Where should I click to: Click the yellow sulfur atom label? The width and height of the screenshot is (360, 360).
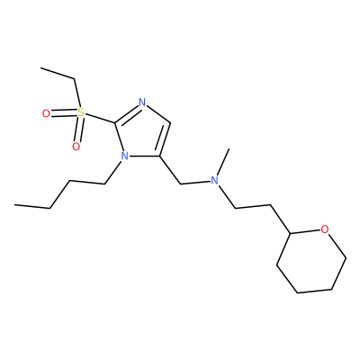click(x=80, y=112)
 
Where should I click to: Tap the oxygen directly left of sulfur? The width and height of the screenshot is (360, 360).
click(x=46, y=113)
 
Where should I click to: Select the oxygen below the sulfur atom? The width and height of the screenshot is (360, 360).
click(x=76, y=147)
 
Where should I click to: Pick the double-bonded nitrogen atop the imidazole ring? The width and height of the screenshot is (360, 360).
click(x=142, y=103)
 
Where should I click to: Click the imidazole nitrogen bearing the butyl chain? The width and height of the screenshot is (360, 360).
click(x=124, y=156)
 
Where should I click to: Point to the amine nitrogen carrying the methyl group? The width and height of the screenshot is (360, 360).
click(x=214, y=180)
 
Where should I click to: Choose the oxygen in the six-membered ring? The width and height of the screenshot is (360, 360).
click(x=324, y=229)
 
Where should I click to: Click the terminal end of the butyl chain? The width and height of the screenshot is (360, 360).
click(x=15, y=205)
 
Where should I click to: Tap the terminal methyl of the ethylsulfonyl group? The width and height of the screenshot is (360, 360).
click(x=41, y=68)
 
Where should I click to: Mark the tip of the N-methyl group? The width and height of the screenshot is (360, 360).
click(x=229, y=148)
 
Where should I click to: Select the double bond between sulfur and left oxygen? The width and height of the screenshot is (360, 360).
click(x=64, y=113)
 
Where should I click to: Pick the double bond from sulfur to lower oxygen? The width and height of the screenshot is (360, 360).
click(x=79, y=130)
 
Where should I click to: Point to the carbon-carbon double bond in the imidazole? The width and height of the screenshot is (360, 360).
click(x=165, y=139)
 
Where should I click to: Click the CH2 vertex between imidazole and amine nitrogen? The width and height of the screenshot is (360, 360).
click(x=180, y=184)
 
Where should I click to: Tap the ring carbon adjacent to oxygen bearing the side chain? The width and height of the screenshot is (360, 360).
click(x=290, y=233)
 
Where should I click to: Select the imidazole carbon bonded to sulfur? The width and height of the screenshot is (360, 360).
click(x=115, y=122)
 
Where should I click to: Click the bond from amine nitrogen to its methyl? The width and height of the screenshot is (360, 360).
click(x=223, y=162)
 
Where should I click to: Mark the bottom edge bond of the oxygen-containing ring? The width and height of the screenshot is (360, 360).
click(x=314, y=291)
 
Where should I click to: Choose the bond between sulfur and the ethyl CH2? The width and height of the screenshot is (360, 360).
click(x=77, y=94)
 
